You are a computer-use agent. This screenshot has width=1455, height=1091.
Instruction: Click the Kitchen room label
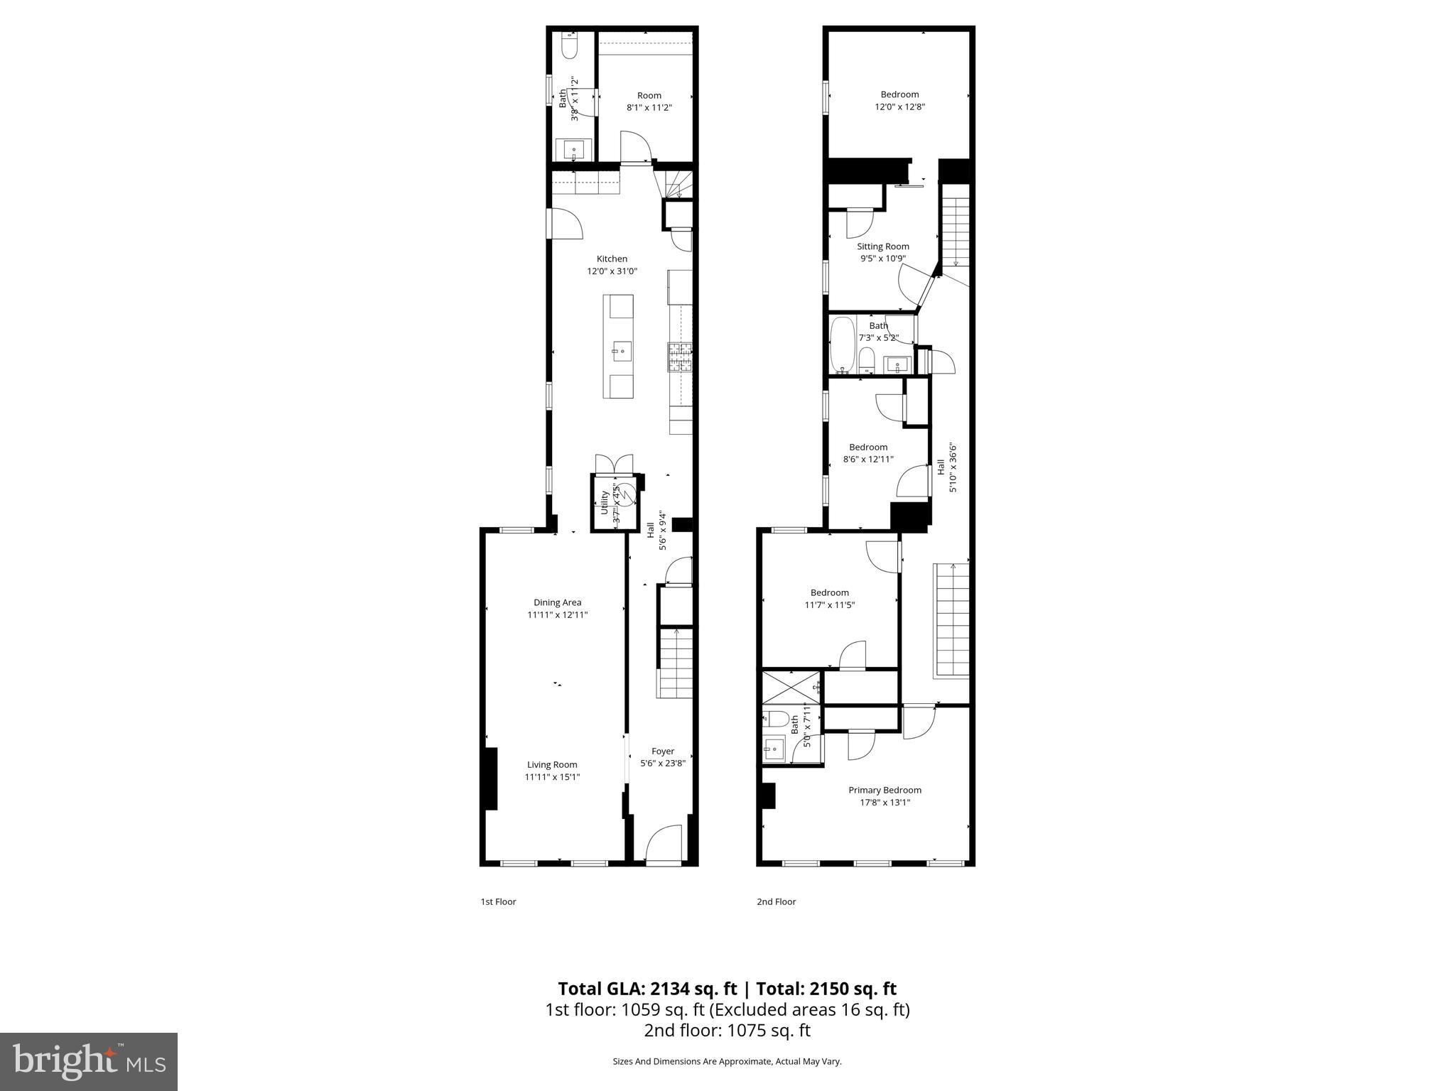click(x=612, y=259)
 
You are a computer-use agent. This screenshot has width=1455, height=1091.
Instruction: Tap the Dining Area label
click(x=557, y=602)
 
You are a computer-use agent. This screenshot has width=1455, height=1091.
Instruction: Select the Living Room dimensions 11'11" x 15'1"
click(x=552, y=777)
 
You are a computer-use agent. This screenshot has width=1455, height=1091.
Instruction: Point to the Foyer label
click(x=663, y=751)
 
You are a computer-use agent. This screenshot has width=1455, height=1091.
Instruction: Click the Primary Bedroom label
click(x=885, y=790)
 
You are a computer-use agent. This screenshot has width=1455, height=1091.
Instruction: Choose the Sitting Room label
click(x=882, y=246)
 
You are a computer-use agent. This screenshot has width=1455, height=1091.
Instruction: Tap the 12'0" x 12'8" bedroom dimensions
click(x=899, y=107)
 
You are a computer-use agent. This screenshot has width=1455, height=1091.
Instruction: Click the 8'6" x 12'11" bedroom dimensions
click(x=868, y=460)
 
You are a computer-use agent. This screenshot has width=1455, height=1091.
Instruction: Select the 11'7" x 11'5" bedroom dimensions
click(x=829, y=605)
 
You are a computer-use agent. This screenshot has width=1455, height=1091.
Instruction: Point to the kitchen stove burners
click(x=679, y=357)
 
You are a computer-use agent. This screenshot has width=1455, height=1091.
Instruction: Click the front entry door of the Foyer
click(x=664, y=845)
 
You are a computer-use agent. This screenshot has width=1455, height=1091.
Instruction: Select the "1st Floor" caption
click(x=498, y=902)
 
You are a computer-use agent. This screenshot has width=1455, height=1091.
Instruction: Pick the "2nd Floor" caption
click(x=776, y=902)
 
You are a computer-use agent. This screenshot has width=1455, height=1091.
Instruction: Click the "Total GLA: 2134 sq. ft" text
click(x=647, y=989)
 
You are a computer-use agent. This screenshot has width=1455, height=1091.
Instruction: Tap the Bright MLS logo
click(x=89, y=1062)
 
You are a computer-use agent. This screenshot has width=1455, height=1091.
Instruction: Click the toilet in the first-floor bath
click(x=569, y=47)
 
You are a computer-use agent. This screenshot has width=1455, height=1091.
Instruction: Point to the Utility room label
click(x=605, y=502)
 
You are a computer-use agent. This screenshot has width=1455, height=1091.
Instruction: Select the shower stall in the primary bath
click(x=791, y=686)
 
